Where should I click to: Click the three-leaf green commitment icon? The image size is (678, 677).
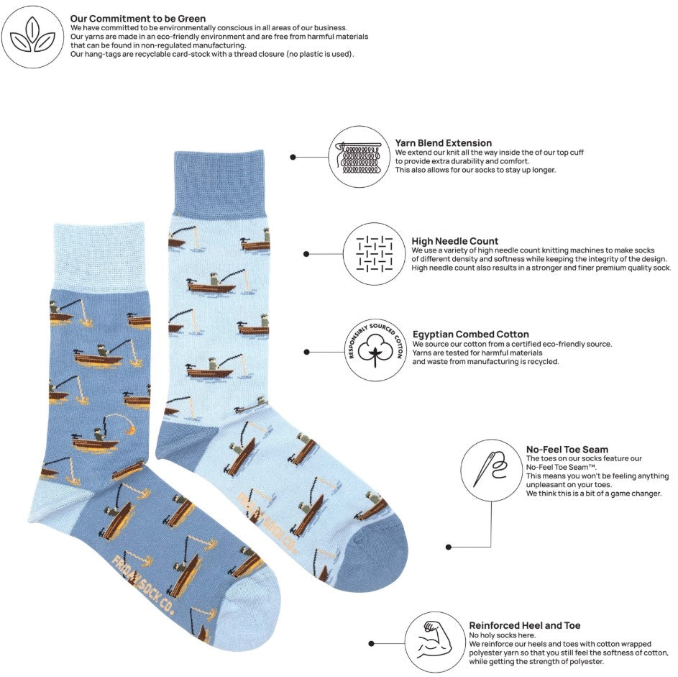(33, 37)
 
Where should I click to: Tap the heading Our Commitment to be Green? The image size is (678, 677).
(138, 19)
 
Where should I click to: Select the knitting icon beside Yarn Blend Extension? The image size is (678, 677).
(359, 157)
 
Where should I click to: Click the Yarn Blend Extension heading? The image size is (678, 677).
(443, 142)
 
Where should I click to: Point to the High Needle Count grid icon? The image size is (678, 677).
(375, 254)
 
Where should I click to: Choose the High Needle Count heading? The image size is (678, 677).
(454, 241)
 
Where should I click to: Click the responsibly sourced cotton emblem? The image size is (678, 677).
(375, 351)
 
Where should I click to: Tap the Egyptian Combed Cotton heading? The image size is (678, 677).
(470, 334)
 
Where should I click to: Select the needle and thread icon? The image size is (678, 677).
(491, 471)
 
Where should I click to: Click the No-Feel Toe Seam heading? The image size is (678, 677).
(567, 449)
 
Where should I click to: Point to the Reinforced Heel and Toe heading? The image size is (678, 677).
(525, 625)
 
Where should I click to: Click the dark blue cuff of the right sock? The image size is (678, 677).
(219, 183)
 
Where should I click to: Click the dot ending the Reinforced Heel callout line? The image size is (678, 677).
(371, 644)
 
